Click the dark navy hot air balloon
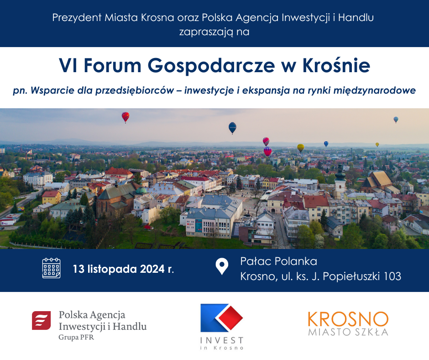pyautogui.click(x=232, y=127)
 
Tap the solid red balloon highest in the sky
pyautogui.click(x=126, y=117)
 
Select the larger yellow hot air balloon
pyautogui.click(x=301, y=148)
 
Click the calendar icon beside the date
pyautogui.click(x=51, y=268)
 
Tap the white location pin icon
pyautogui.click(x=222, y=266)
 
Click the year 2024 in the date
pyautogui.click(x=152, y=269)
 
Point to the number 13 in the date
pyautogui.click(x=78, y=269)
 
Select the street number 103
pyautogui.click(x=392, y=276)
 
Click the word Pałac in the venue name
pyautogui.click(x=256, y=261)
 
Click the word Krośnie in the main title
pyautogui.click(x=336, y=65)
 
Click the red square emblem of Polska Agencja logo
pyautogui.click(x=42, y=320)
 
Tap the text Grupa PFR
pyautogui.click(x=76, y=337)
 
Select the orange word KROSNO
pyautogui.click(x=348, y=319)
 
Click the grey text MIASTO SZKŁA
pyautogui.click(x=348, y=332)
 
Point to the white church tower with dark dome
pyautogui.click(x=340, y=181)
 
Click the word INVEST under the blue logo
pyautogui.click(x=222, y=340)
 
